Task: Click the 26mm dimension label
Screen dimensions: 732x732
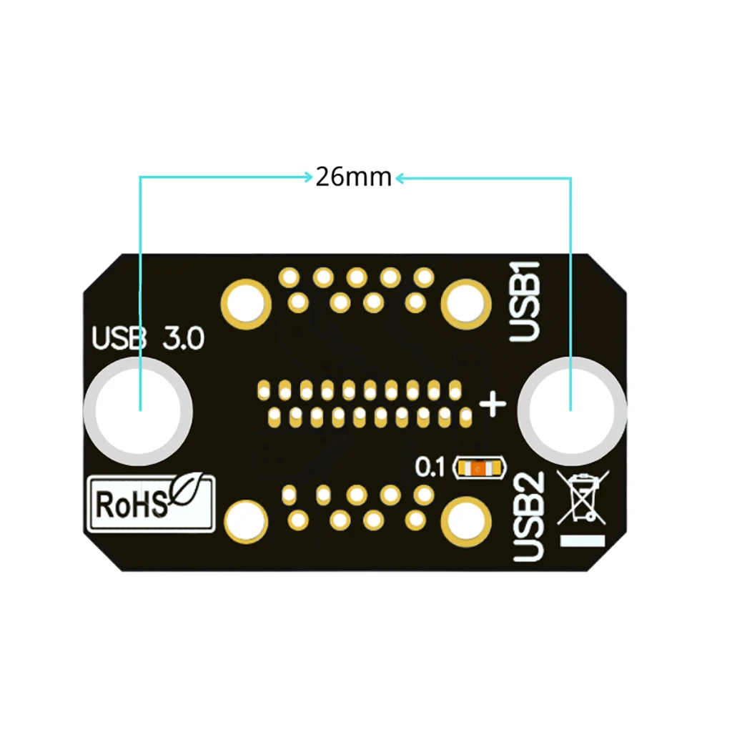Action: tap(353, 177)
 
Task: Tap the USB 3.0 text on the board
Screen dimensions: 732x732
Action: tap(147, 338)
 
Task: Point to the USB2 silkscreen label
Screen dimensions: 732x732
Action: tap(528, 516)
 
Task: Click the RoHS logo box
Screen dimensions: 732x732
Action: tap(151, 503)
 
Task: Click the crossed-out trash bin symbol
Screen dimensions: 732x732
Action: tap(582, 497)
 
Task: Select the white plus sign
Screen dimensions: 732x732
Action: tap(493, 404)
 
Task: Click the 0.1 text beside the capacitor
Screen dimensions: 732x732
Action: tap(430, 468)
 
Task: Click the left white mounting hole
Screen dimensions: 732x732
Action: tap(138, 411)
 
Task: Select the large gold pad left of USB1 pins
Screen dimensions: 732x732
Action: tap(246, 305)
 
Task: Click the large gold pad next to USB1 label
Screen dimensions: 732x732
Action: tap(466, 305)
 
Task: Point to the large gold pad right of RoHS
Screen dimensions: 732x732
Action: tap(246, 521)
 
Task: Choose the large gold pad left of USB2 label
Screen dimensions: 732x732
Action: tap(466, 521)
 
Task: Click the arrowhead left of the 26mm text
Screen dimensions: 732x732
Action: tap(309, 177)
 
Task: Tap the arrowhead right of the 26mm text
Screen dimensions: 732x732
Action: tap(400, 178)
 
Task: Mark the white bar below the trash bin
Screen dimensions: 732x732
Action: tap(583, 540)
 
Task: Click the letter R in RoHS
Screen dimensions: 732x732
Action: tap(104, 505)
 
